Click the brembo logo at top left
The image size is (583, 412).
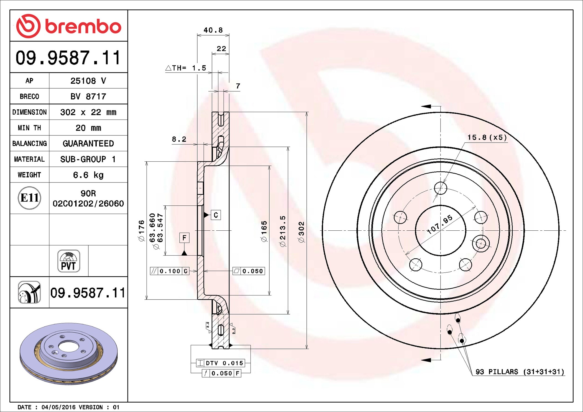68,26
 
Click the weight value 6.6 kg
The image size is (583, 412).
88,175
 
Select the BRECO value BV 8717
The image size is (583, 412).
88,96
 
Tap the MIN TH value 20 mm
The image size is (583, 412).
88,128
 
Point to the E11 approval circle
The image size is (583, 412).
29,198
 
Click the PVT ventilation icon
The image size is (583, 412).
69,261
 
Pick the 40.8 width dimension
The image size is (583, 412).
213,30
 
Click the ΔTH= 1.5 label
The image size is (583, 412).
186,68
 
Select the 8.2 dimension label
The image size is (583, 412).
179,139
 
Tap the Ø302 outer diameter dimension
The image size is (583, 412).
301,232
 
